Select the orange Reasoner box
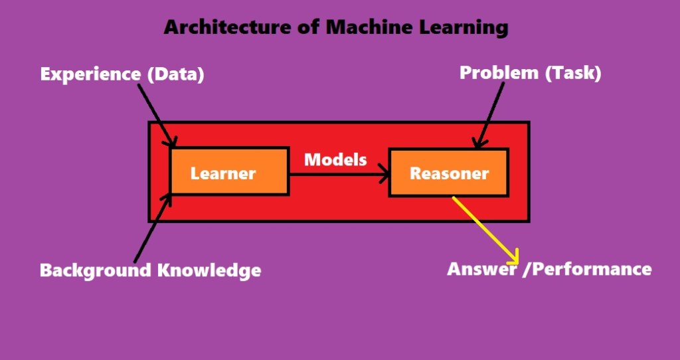coord(448,173)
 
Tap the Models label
coord(335,159)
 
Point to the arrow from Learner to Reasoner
coord(339,175)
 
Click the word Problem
coord(499,72)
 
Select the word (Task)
coord(572,72)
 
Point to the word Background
coord(95,271)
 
